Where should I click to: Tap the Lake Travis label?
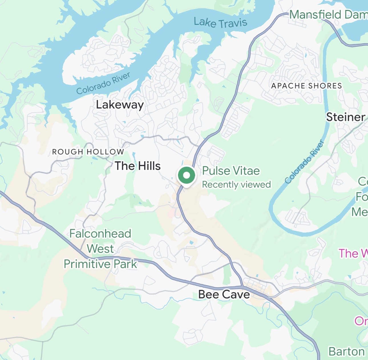(220, 23)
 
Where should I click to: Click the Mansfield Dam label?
(328, 15)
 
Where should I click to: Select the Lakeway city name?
(120, 105)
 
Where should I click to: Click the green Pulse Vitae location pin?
(186, 176)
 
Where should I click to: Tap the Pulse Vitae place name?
(231, 171)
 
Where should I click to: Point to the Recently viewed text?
(236, 184)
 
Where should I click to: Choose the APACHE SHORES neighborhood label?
(306, 86)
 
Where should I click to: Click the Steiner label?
(345, 117)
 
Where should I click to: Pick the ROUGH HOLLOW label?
(88, 152)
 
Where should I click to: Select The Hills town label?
(138, 166)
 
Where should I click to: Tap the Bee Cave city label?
(224, 294)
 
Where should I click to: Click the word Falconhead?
(100, 234)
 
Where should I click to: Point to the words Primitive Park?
(100, 264)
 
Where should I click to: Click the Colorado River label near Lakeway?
(103, 83)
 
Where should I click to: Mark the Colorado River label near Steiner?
(305, 162)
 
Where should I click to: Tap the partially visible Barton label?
(347, 351)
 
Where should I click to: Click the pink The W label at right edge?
(353, 253)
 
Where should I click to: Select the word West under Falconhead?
(100, 249)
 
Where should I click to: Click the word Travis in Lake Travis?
(233, 23)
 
